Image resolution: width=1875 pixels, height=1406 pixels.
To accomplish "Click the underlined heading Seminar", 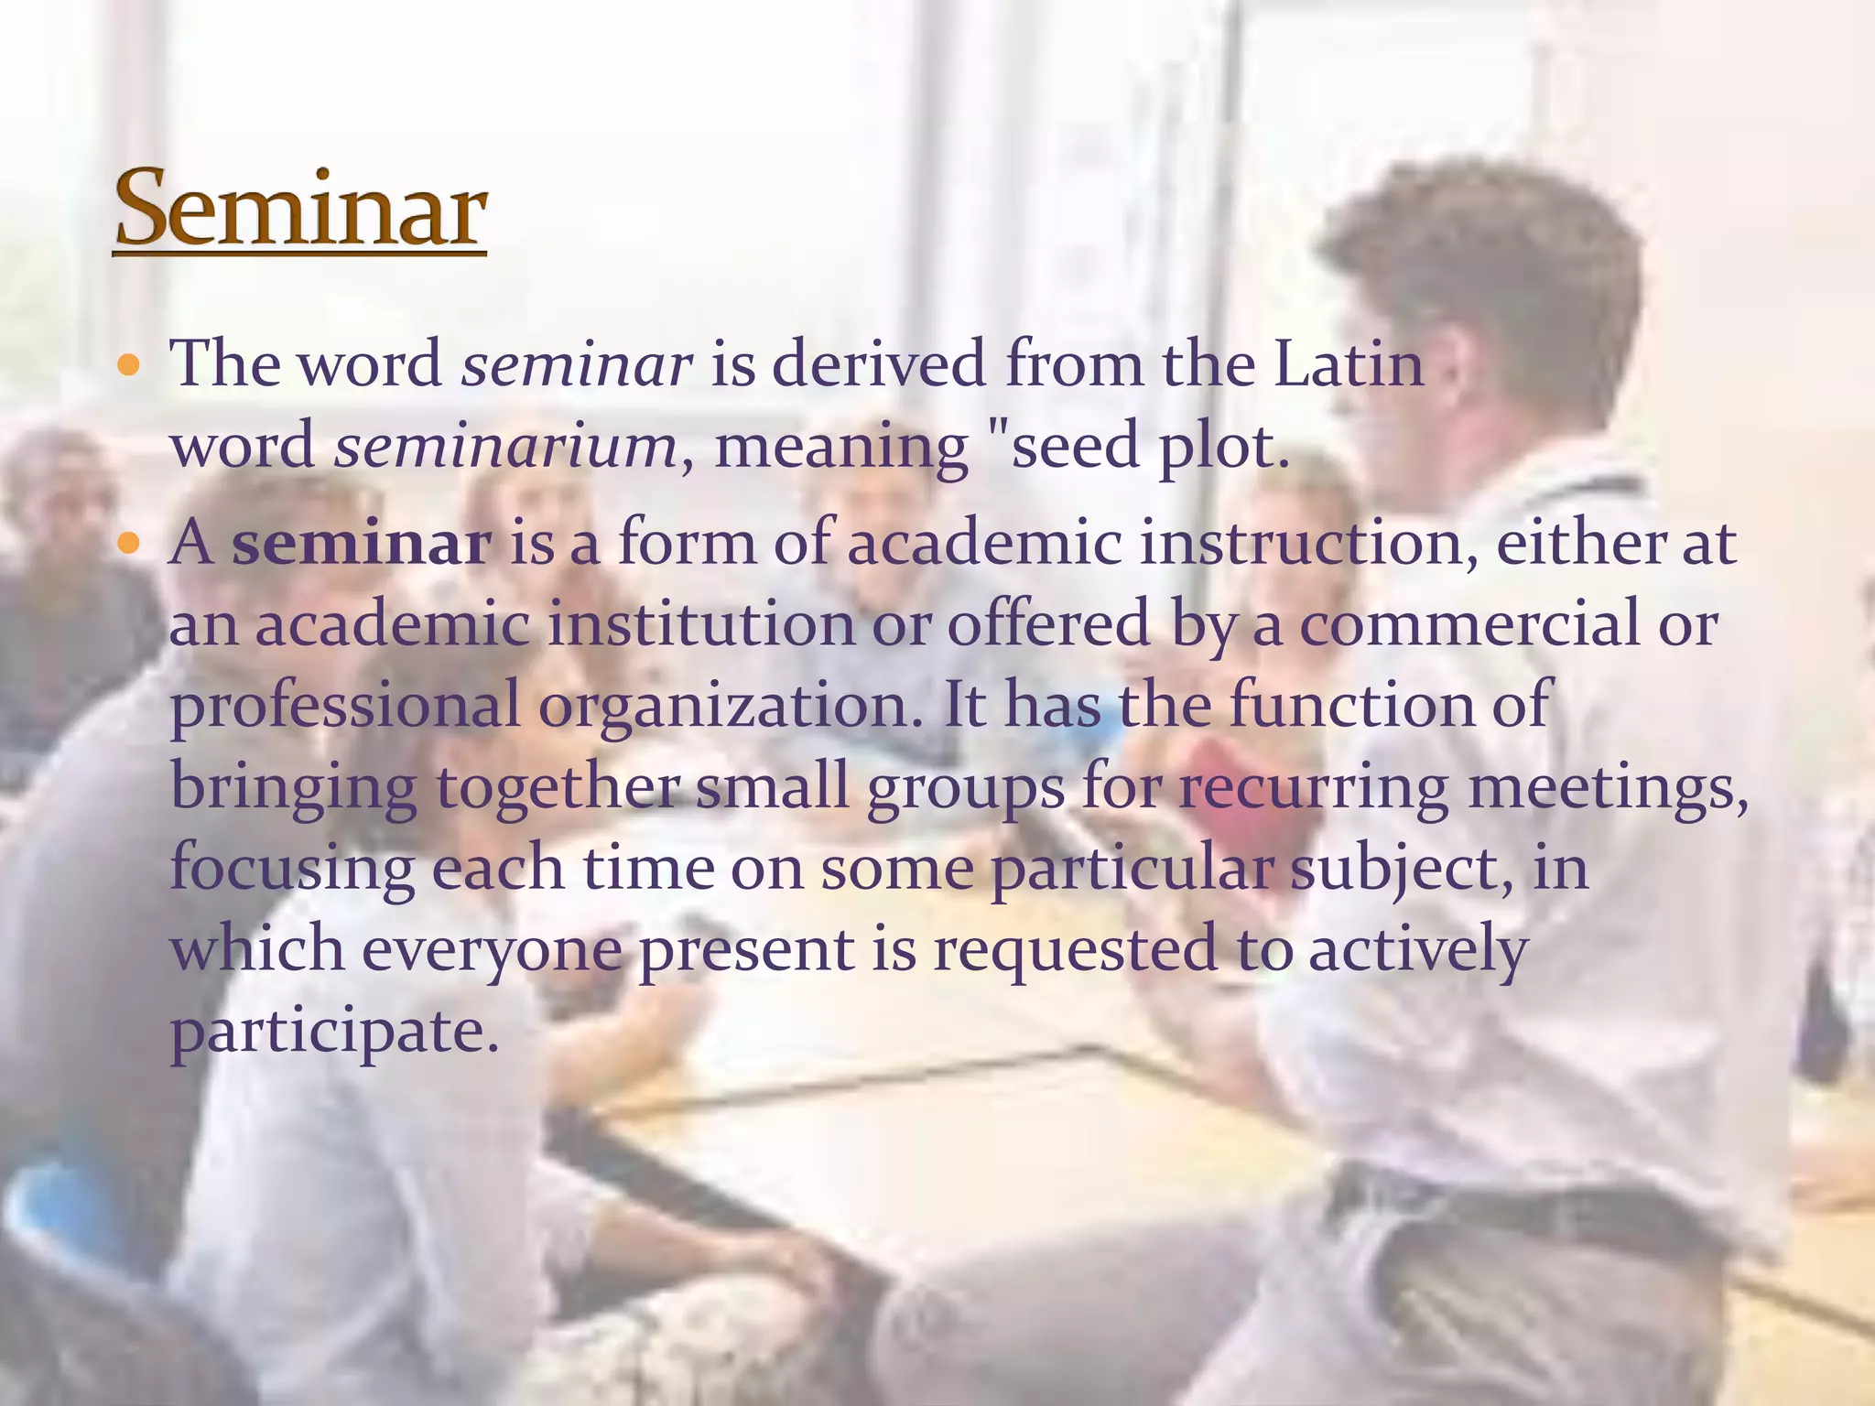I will [300, 209].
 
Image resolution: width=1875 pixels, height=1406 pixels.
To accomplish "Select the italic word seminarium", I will [505, 447].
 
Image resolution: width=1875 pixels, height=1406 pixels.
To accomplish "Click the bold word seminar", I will [362, 543].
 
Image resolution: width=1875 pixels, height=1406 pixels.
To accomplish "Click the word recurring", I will [1313, 787].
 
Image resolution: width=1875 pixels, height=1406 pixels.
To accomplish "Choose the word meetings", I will [1608, 787].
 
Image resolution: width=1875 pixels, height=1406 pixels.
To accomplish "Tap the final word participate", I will [335, 1032].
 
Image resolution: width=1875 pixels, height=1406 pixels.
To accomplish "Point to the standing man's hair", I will [1483, 247].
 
